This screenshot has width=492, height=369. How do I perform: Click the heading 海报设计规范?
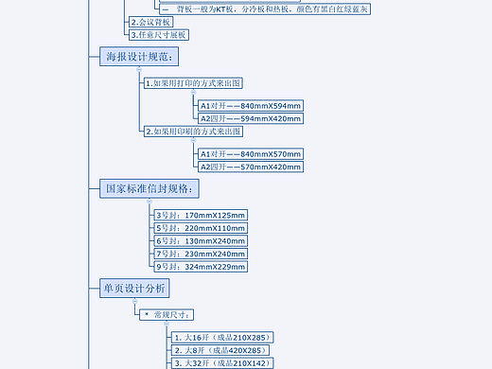pos(139,57)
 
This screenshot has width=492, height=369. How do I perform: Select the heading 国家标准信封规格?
pos(150,188)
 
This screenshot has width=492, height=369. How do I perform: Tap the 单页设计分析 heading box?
pos(134,288)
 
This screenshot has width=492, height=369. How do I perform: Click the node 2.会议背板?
pos(150,22)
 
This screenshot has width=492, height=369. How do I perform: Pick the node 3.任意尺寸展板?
pos(159,35)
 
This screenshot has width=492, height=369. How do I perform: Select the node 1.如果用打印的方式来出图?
pos(193,83)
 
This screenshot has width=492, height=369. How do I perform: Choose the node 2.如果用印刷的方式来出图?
pos(193,132)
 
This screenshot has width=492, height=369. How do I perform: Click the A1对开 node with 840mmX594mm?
pos(250,105)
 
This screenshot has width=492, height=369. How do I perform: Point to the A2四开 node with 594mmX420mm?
pos(250,118)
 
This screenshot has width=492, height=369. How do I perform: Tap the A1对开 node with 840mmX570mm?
pos(250,153)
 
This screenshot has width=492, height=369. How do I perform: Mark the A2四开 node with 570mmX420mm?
pos(250,167)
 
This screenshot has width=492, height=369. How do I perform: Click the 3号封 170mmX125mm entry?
pos(200,216)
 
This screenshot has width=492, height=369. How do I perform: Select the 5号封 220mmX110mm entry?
pos(200,228)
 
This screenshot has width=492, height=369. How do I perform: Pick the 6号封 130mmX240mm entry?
pos(200,241)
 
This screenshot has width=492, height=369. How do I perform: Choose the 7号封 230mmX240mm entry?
pos(200,254)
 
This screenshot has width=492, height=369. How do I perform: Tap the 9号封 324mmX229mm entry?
pos(200,267)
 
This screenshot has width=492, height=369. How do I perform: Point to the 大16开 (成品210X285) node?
pos(222,337)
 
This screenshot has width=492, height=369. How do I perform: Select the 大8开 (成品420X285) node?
pos(222,350)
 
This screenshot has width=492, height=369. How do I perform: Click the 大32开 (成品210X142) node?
pos(222,362)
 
